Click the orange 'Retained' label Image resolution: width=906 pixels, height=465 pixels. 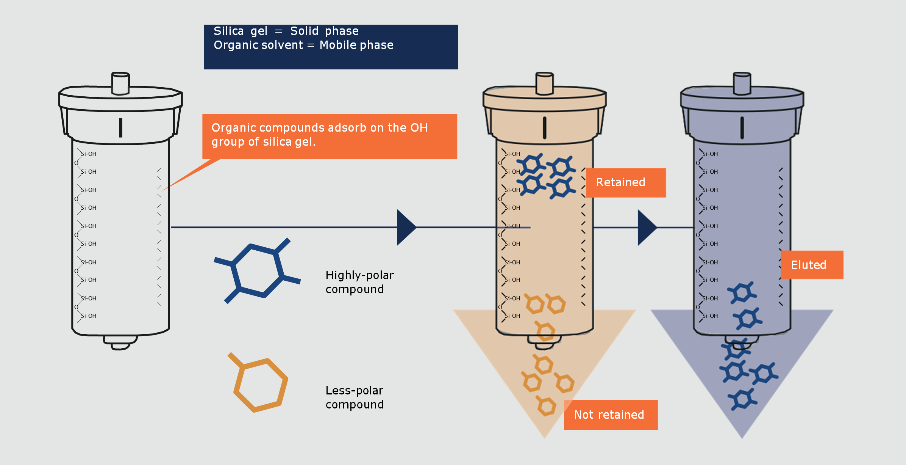click(625, 182)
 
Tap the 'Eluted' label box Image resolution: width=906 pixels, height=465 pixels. click(811, 265)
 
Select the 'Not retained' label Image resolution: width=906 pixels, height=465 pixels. click(610, 415)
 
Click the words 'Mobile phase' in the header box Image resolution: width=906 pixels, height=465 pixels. click(356, 45)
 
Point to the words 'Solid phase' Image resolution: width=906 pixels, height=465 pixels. click(324, 31)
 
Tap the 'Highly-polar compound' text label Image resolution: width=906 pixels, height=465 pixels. click(359, 282)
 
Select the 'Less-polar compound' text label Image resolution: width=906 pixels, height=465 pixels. click(355, 397)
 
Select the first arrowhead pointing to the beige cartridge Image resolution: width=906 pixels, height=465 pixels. click(405, 227)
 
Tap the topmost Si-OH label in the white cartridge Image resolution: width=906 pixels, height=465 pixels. click(89, 154)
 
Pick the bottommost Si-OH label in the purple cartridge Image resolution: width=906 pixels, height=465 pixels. click(710, 316)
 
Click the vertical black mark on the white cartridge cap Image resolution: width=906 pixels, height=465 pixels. click(120, 127)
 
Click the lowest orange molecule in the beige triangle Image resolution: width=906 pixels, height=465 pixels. click(546, 406)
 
